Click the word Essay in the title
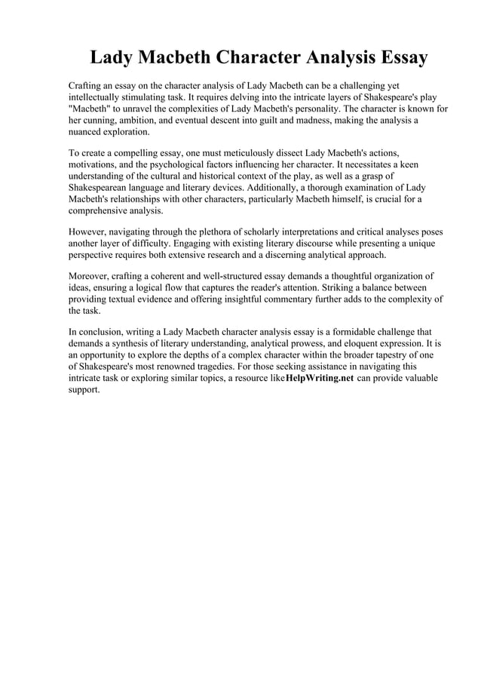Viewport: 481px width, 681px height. point(391,57)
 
